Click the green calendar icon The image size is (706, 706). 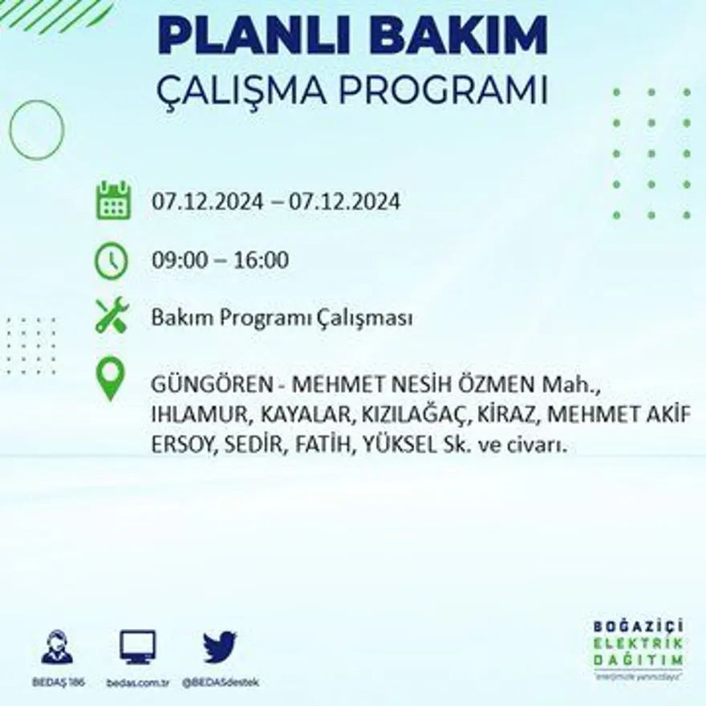click(x=113, y=201)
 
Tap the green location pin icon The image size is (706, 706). click(x=111, y=379)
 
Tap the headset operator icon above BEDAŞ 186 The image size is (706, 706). click(x=57, y=647)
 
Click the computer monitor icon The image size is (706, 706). click(x=137, y=647)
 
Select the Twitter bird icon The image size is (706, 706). click(x=219, y=647)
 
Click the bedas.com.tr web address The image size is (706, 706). click(x=137, y=682)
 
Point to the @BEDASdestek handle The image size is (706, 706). click(x=221, y=682)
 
